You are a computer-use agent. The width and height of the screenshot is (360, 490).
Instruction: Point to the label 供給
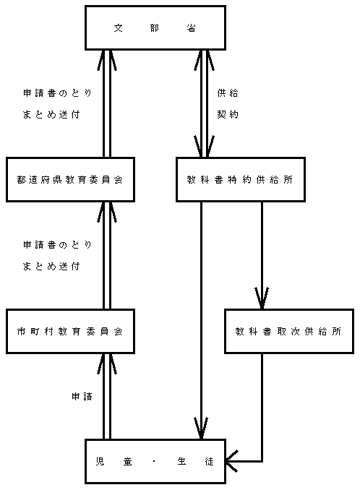point(228,93)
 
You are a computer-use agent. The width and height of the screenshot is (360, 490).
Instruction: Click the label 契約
point(228,114)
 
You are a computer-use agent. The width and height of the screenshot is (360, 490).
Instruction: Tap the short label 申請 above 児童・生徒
point(82,396)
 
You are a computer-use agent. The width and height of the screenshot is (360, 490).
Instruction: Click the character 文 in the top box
point(118,28)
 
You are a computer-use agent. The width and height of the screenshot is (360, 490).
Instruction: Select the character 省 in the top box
point(192,28)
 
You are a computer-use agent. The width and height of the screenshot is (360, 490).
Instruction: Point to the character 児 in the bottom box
point(100,461)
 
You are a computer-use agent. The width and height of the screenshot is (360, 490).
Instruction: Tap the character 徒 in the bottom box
point(210,461)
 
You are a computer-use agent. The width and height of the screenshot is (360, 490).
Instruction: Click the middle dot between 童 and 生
point(155,461)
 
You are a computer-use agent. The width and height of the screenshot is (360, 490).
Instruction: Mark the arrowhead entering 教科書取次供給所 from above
point(262,298)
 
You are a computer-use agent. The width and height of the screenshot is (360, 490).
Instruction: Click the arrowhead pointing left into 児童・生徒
point(232,461)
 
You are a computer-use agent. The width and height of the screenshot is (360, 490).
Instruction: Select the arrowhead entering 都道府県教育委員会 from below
point(107,212)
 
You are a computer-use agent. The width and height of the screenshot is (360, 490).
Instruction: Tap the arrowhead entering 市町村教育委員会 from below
point(107,364)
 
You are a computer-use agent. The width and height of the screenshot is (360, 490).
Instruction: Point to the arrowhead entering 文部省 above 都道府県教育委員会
point(107,61)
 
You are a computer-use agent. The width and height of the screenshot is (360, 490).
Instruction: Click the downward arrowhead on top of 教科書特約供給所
point(204,146)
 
